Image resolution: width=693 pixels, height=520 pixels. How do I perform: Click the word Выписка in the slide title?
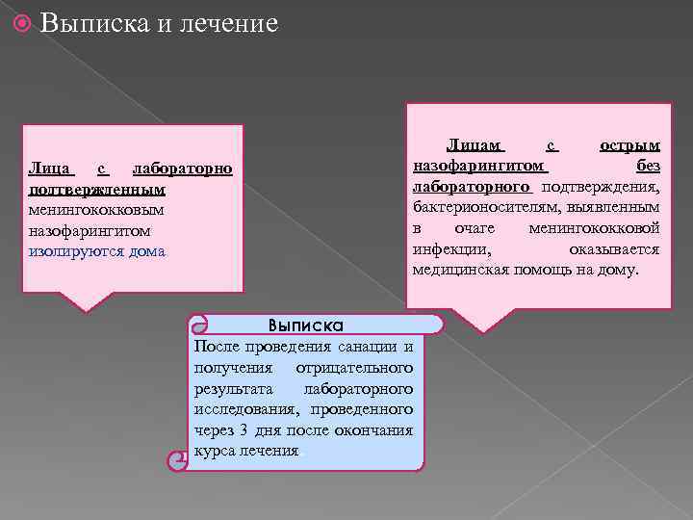click(93, 22)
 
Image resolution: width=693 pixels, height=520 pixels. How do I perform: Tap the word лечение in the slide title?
click(228, 22)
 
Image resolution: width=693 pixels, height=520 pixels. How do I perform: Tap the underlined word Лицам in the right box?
click(475, 145)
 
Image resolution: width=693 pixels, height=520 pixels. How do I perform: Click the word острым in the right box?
click(629, 145)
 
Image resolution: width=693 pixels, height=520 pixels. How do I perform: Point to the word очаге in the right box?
click(475, 229)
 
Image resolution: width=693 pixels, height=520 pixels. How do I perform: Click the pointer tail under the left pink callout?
click(87, 301)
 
